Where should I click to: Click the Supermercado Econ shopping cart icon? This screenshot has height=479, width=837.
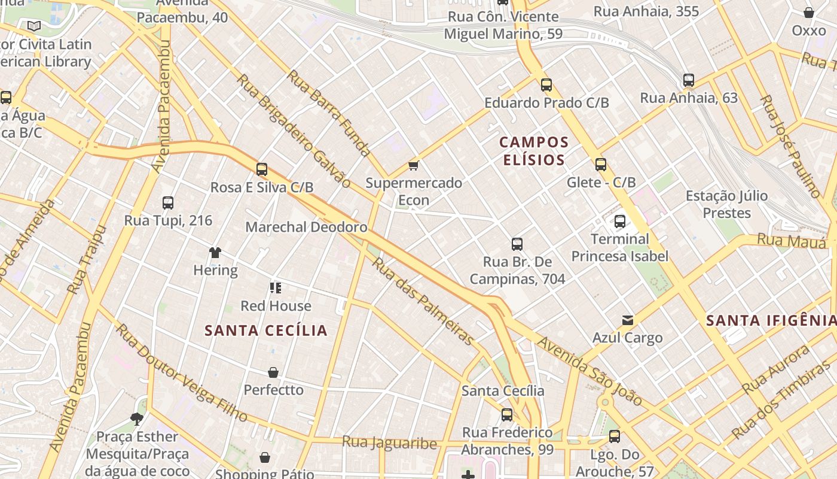click(413, 165)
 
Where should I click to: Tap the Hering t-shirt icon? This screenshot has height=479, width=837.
click(215, 253)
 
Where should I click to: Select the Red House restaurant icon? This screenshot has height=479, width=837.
click(276, 288)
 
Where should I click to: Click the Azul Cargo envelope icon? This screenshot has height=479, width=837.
click(627, 320)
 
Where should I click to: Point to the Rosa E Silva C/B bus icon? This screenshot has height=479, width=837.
click(262, 169)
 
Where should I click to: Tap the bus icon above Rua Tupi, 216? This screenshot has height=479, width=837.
click(168, 203)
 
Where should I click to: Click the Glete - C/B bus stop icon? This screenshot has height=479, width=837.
click(601, 165)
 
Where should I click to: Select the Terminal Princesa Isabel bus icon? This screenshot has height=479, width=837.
click(620, 222)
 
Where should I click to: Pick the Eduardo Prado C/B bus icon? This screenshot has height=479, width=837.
click(546, 85)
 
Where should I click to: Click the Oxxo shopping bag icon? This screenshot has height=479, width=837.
click(809, 13)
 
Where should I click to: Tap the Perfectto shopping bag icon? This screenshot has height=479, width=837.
click(273, 372)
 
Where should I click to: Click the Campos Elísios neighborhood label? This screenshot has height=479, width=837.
click(534, 151)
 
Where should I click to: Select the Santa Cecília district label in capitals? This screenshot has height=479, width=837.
click(266, 331)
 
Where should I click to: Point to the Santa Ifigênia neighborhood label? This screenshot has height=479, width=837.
click(771, 320)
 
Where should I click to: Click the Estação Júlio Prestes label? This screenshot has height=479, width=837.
click(726, 204)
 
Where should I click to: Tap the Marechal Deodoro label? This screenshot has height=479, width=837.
click(306, 228)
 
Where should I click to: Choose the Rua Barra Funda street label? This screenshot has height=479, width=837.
click(328, 113)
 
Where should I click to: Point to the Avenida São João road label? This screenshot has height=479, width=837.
click(589, 371)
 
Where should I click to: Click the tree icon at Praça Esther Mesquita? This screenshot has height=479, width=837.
click(137, 419)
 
